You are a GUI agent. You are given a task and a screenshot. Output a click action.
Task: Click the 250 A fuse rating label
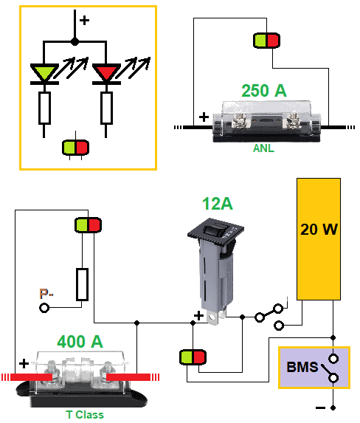[x=264, y=90]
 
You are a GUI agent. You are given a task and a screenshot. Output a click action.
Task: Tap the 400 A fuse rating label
[x=80, y=342]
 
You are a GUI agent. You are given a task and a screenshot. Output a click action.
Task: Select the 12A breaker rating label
[x=218, y=204]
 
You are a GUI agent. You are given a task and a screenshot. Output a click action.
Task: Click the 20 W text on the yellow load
[x=319, y=230]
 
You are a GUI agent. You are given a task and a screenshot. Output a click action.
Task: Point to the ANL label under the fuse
[x=263, y=148]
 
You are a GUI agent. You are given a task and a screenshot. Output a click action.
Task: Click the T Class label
[x=85, y=415]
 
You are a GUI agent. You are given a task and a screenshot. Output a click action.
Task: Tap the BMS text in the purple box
[x=302, y=367]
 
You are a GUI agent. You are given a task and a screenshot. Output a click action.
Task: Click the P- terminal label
[x=46, y=294]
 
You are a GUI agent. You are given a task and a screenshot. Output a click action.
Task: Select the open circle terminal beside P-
[x=44, y=308]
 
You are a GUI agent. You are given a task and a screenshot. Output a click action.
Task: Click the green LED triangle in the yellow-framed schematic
[x=44, y=72]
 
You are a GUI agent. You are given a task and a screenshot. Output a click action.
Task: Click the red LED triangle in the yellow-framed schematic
[x=106, y=72]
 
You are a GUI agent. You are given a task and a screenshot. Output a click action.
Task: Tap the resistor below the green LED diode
[x=44, y=109]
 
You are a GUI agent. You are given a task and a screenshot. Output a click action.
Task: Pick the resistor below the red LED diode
[x=106, y=109]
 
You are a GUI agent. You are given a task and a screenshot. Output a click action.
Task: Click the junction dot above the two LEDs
[x=75, y=42]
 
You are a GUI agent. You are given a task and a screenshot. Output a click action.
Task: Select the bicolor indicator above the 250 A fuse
[x=266, y=41]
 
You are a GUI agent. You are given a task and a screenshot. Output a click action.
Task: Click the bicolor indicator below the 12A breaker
[x=193, y=357]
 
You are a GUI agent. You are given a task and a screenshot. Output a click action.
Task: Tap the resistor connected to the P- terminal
[x=82, y=285]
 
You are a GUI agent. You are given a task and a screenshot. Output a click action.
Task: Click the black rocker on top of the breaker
[x=215, y=230]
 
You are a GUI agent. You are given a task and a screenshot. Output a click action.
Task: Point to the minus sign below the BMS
[x=320, y=407]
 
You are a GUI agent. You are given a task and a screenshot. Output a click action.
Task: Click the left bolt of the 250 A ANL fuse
[x=240, y=120]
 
